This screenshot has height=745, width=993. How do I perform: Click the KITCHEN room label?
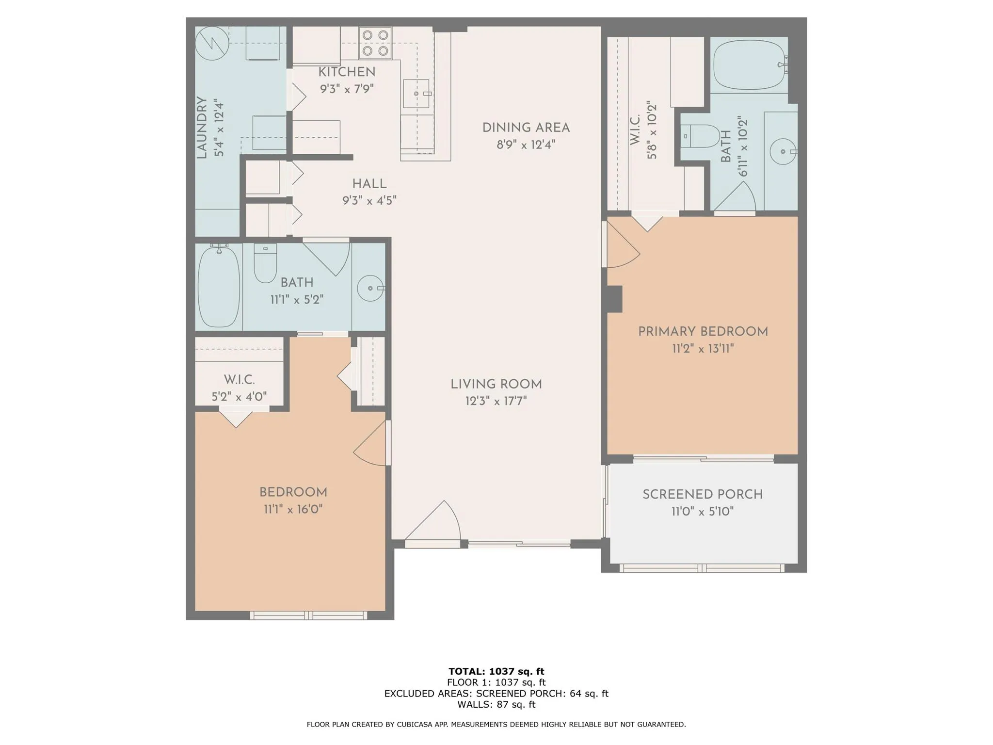[347, 72]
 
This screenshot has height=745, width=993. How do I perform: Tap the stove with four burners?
[375, 43]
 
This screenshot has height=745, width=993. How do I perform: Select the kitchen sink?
[416, 94]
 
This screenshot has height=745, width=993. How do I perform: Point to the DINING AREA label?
[526, 128]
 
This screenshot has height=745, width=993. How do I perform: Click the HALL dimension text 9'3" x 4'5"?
[369, 200]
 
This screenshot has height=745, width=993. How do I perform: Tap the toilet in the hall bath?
[265, 262]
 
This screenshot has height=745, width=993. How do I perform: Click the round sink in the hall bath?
[370, 288]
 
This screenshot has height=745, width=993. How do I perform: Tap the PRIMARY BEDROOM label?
[703, 332]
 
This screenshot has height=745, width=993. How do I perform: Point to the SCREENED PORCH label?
[703, 494]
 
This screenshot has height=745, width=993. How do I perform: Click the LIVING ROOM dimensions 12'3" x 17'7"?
[496, 401]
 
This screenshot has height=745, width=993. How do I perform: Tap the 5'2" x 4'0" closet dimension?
[239, 397]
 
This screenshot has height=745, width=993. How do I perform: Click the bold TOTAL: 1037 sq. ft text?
[496, 671]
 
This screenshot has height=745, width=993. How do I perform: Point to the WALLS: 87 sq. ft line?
[496, 704]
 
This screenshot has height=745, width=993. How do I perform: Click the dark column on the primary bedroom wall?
[614, 299]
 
